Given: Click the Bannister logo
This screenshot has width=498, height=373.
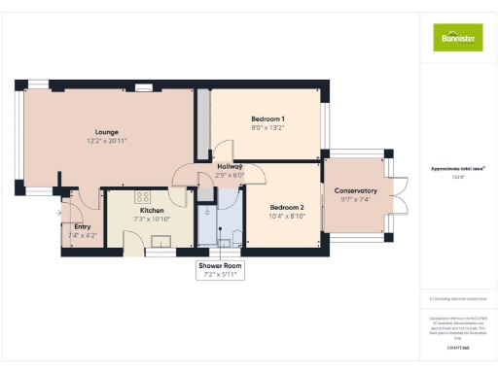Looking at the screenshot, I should point(457,36).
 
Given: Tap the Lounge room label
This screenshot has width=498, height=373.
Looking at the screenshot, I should point(107,131).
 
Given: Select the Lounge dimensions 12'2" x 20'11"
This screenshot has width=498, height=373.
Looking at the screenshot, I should point(107,141).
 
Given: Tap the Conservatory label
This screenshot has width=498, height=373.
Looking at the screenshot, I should point(355,190).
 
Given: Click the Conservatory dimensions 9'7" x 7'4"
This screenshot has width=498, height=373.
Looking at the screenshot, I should point(355,200).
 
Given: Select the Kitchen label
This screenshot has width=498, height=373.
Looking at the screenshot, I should point(152,210).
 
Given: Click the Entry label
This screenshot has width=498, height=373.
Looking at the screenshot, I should point(82,226).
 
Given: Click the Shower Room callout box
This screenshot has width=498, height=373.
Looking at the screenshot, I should point(219,269).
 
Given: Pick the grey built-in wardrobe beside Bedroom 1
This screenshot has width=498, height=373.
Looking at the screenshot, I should point(203,125).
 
